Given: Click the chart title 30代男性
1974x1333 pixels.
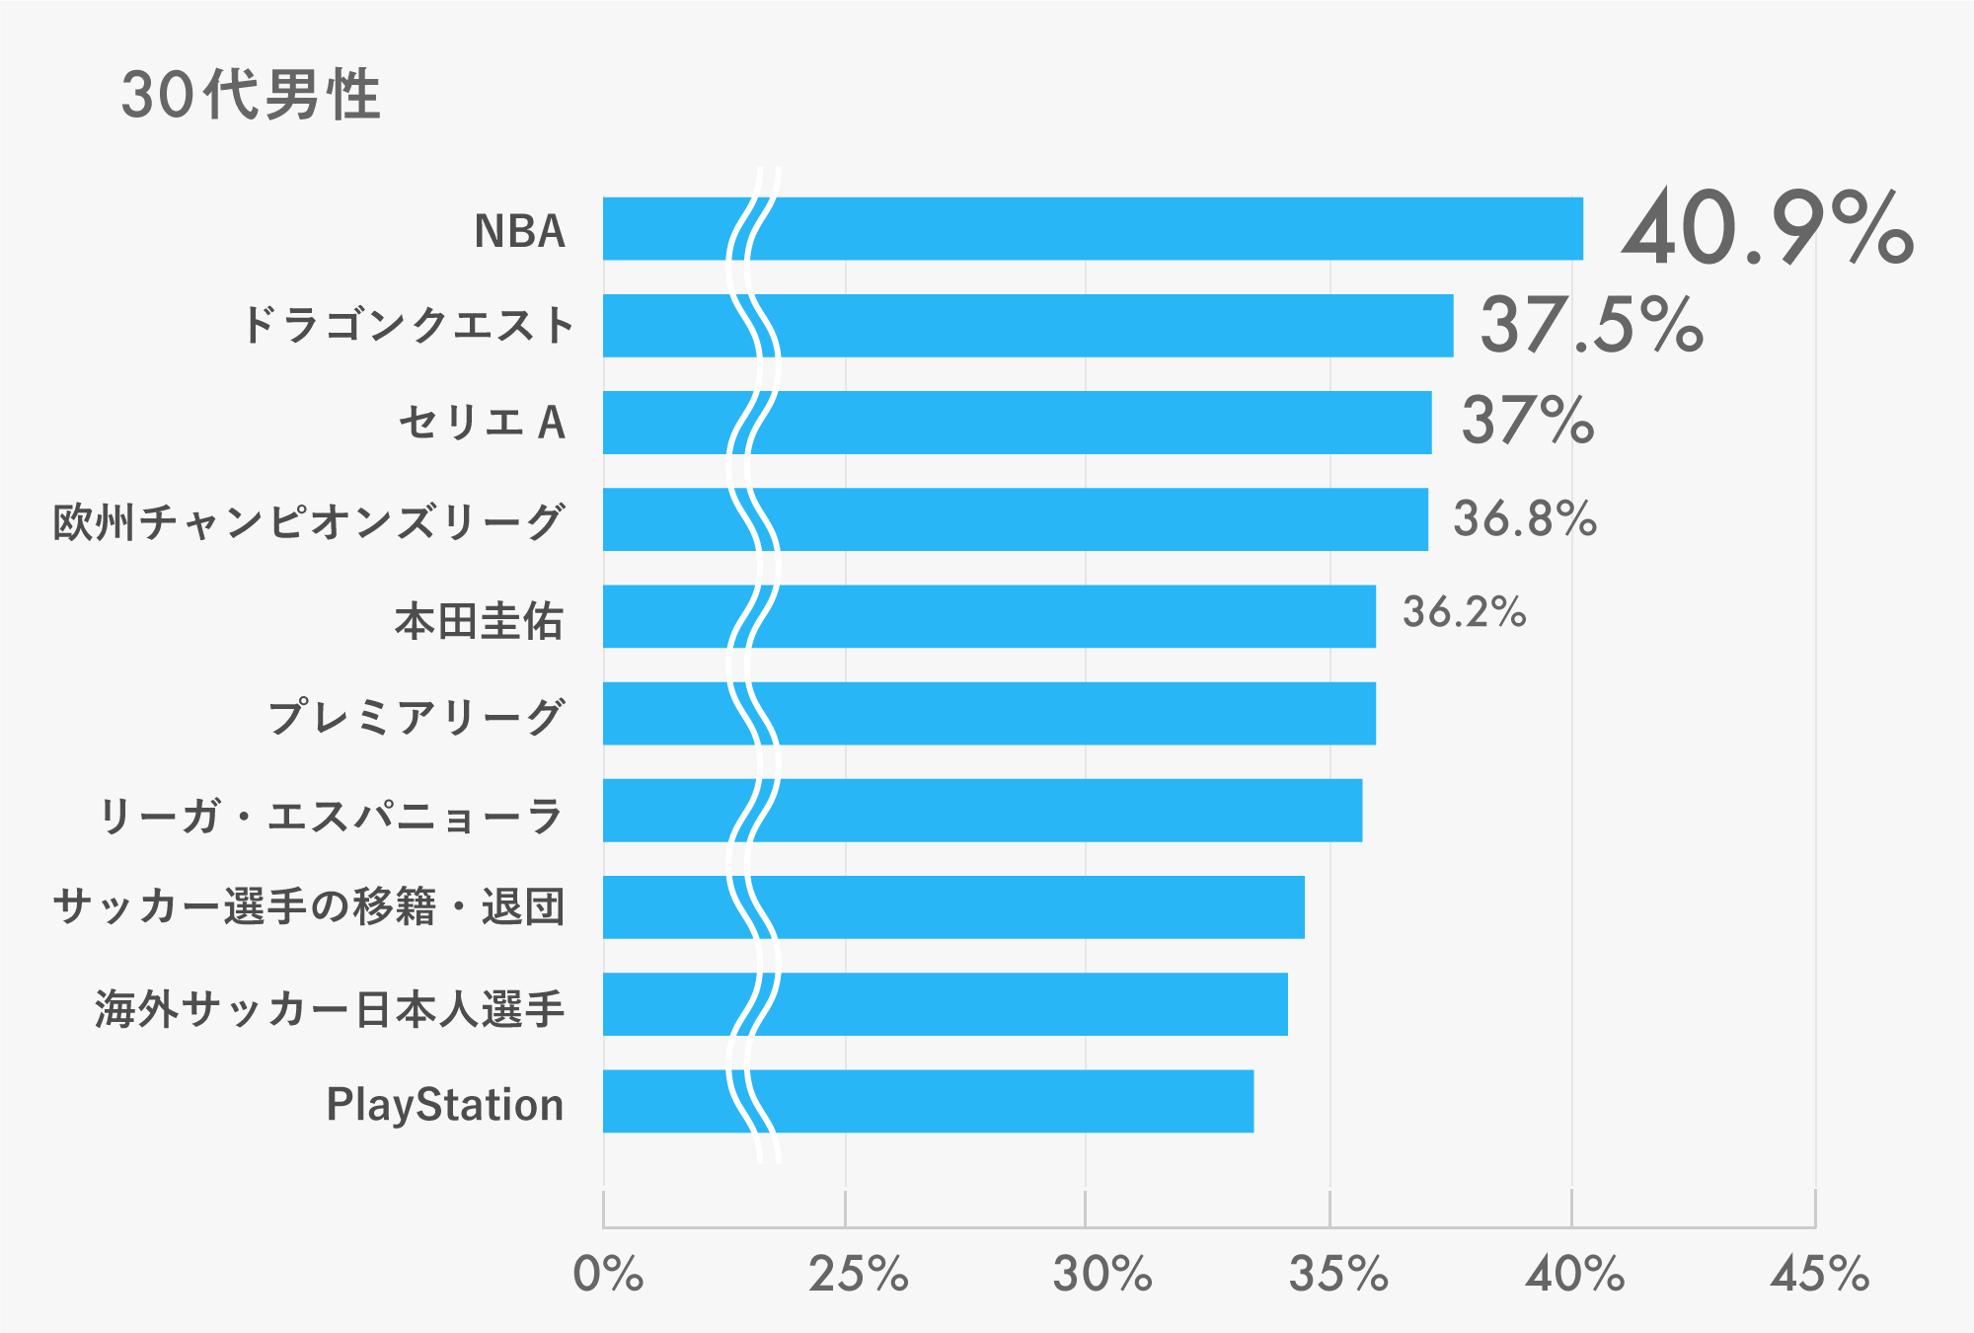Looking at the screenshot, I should click(251, 96).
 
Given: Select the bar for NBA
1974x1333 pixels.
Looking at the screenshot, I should click(1093, 228).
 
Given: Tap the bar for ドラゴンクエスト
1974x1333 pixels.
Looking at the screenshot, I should click(1027, 325).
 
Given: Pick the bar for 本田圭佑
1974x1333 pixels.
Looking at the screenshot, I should click(989, 616).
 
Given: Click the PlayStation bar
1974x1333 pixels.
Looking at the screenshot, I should click(928, 1101).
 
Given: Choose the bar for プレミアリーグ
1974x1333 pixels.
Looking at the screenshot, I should click(989, 713).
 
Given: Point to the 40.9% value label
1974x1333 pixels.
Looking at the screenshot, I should click(1767, 229).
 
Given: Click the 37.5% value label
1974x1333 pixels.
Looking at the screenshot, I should click(1591, 325).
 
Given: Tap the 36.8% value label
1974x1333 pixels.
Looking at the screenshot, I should click(1525, 519).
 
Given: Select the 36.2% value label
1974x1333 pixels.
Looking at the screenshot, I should click(1465, 613).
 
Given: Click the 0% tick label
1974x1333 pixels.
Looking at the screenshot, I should click(608, 1275).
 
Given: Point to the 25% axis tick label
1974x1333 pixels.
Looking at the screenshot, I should click(858, 1275).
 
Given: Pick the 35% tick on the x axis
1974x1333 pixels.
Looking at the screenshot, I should click(1338, 1275).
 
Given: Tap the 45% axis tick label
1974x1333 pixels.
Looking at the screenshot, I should click(1820, 1275).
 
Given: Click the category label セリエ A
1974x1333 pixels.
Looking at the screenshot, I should click(482, 423).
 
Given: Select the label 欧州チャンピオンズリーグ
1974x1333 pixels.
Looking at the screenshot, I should click(309, 520).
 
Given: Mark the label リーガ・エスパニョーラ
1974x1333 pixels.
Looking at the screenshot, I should click(331, 816).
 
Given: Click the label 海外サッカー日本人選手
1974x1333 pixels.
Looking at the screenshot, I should click(330, 1009).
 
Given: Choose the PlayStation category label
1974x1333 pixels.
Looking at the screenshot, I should click(445, 1105).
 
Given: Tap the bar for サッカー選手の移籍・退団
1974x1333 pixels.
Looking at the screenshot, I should click(953, 906).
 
